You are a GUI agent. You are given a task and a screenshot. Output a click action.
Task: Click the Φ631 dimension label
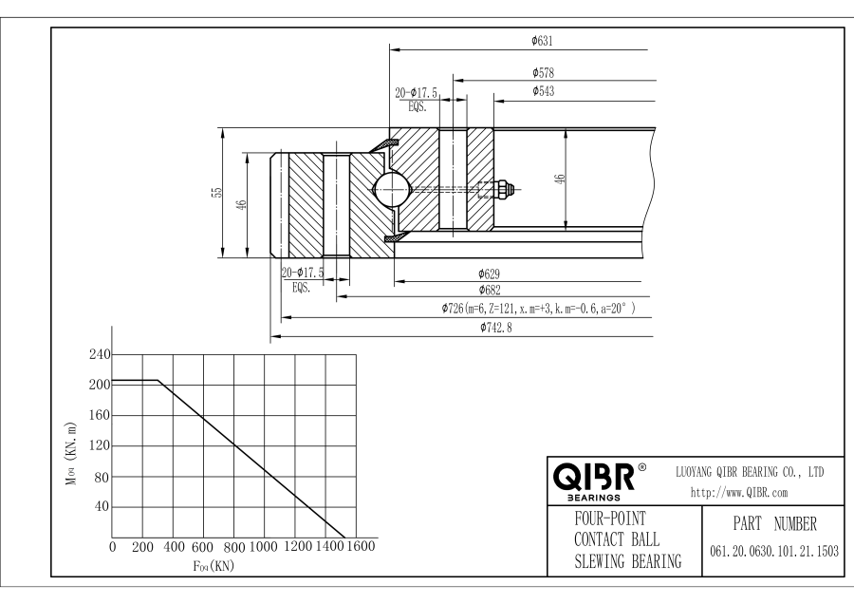click(x=542, y=41)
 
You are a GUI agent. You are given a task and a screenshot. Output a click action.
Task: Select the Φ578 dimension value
click(x=544, y=72)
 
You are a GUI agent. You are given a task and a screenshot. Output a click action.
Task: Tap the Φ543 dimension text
click(x=544, y=91)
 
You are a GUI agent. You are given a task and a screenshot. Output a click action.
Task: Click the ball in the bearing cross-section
click(x=392, y=190)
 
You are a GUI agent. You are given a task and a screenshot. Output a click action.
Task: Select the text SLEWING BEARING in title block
click(x=627, y=561)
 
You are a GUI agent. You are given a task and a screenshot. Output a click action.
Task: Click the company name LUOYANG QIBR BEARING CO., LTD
click(x=749, y=471)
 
